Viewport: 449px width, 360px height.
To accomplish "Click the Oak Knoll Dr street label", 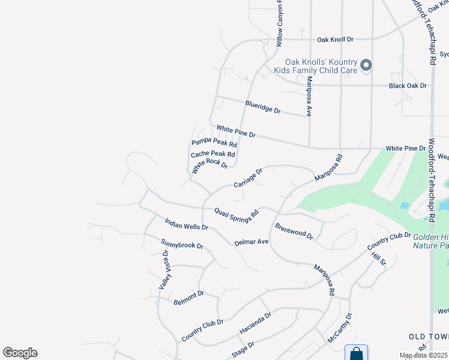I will [336, 40].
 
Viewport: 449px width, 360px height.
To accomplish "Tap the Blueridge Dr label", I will [262, 107].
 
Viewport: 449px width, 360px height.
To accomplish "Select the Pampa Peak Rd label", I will [214, 143].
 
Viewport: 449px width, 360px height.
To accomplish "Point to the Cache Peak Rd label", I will [212, 154].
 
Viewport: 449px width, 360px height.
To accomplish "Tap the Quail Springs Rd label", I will [237, 212].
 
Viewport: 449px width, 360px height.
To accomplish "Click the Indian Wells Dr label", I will [187, 224].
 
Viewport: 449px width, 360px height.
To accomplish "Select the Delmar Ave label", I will [251, 242].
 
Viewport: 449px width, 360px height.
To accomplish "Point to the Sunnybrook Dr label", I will [182, 244].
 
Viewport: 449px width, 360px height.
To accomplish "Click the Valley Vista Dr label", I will [164, 269].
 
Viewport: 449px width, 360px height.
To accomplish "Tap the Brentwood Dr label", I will [294, 231].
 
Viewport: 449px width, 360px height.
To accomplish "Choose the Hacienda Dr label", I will [255, 323].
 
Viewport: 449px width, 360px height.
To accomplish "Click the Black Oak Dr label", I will [408, 86].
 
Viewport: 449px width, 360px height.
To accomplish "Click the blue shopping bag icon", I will [356, 352].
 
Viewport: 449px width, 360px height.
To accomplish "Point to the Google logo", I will [20, 353].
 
